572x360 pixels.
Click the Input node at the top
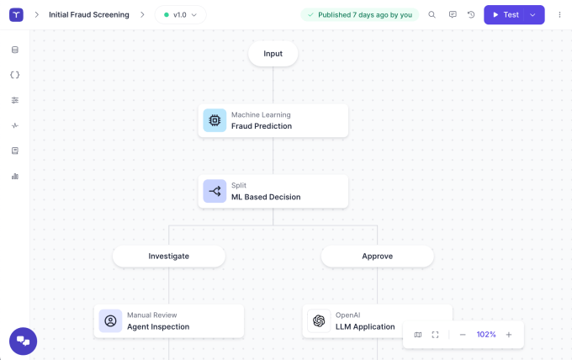click(273, 54)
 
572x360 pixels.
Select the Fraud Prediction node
click(273, 121)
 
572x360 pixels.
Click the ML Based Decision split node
click(273, 192)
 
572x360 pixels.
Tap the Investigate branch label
click(168, 256)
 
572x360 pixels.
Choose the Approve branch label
click(377, 256)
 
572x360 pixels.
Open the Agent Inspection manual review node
click(169, 321)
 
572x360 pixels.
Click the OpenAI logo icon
click(319, 321)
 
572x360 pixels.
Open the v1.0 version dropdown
click(180, 15)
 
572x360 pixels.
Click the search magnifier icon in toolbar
click(432, 15)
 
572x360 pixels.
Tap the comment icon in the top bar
click(453, 15)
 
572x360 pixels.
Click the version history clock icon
click(471, 15)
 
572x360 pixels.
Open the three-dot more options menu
click(559, 15)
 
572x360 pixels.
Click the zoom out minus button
click(462, 335)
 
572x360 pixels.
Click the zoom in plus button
click(509, 335)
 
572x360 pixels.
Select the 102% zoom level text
click(486, 335)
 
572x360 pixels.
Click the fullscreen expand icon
click(435, 335)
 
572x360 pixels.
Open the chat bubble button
click(23, 341)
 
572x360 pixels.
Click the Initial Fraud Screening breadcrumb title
click(89, 15)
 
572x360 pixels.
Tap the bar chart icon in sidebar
click(14, 177)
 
